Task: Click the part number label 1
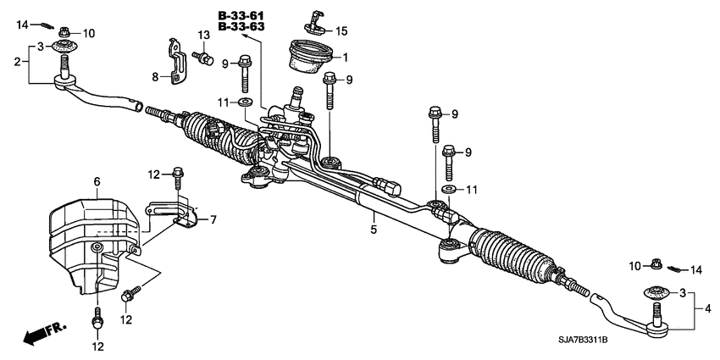click(345, 58)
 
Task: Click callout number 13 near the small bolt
click(203, 35)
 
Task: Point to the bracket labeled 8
click(176, 64)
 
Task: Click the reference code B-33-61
click(241, 15)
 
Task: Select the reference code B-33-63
click(241, 27)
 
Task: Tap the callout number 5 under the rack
click(372, 228)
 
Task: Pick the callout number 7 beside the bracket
click(213, 220)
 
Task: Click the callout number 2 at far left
click(16, 62)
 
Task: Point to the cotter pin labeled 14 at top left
click(47, 23)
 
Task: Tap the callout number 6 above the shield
click(97, 181)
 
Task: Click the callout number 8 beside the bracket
click(155, 76)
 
